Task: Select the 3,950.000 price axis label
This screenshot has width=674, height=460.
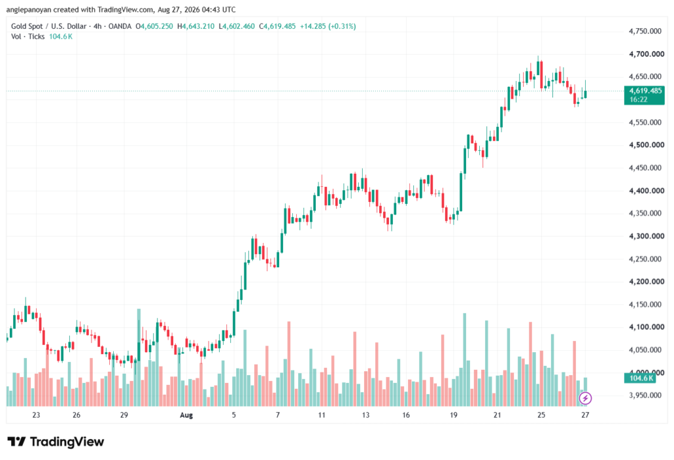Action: [645, 396]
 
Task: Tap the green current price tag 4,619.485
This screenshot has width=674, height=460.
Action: [644, 95]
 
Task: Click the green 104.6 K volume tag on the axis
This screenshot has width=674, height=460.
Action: [640, 378]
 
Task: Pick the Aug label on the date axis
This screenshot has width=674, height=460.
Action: [186, 415]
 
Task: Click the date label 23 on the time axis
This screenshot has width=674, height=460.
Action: [36, 415]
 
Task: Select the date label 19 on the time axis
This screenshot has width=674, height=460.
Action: [454, 415]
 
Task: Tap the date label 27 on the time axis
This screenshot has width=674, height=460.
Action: [585, 415]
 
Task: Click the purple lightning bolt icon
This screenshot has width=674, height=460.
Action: [585, 398]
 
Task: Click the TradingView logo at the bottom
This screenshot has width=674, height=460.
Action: [55, 442]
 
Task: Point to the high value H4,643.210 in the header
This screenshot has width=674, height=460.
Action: [195, 26]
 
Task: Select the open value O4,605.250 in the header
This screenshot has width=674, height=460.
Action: [154, 26]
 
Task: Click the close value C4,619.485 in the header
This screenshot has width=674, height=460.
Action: [277, 26]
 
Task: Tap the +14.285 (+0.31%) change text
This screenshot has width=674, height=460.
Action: [328, 26]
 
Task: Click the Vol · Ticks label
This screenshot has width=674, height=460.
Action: [28, 37]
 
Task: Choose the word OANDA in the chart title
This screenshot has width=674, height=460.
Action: [120, 26]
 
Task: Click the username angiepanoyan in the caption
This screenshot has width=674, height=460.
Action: [28, 9]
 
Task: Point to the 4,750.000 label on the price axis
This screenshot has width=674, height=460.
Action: [645, 31]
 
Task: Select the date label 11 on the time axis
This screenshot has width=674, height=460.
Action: [321, 415]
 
